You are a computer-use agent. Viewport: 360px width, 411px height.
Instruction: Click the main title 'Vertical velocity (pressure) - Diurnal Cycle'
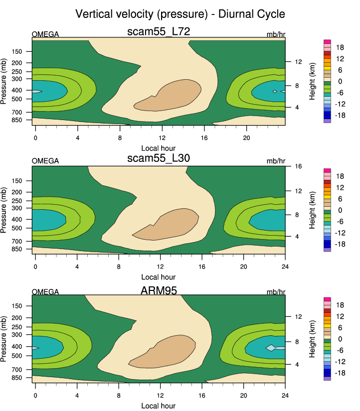point(180,14)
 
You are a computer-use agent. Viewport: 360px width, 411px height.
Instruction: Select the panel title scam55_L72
point(159,32)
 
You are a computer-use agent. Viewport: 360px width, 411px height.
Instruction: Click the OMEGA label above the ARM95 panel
point(45,292)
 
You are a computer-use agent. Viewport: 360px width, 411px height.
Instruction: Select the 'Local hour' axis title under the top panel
point(159,148)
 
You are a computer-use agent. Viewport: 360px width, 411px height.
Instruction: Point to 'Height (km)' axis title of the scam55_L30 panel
point(312,210)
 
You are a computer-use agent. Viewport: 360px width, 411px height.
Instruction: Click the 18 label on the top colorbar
point(340,47)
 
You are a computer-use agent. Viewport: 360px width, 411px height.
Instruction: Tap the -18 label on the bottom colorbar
point(341,373)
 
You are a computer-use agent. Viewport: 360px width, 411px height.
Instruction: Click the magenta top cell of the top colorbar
point(327,42)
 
